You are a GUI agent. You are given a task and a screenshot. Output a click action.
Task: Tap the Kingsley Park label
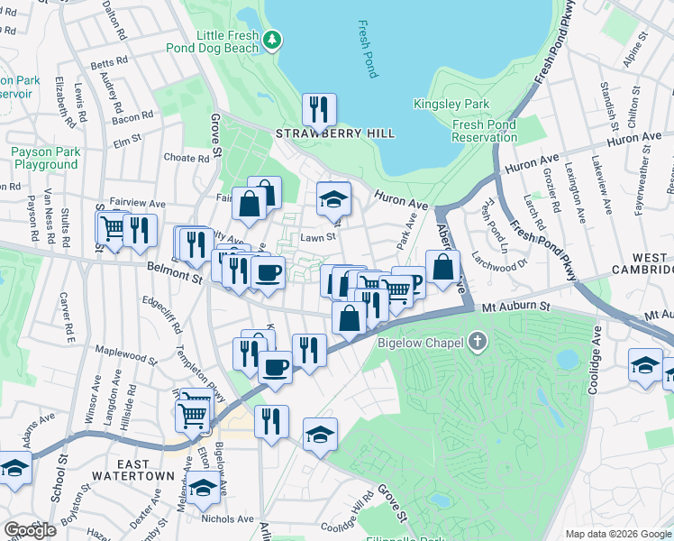pos(451,104)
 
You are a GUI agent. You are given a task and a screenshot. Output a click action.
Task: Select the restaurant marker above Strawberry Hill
pos(319,110)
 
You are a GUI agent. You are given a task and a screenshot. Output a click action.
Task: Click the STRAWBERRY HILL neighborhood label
pos(335,133)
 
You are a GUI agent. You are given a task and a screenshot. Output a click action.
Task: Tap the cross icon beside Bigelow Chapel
pos(478,342)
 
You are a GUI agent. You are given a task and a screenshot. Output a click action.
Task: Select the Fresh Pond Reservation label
pos(485,132)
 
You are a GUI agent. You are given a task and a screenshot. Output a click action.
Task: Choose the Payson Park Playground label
pos(44,159)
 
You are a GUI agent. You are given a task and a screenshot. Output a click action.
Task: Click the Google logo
pos(30,529)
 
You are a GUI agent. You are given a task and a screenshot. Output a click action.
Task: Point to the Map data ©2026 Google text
pos(616,534)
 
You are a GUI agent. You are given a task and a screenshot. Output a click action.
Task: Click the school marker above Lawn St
pos(333,198)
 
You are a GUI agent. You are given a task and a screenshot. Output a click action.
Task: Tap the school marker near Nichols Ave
pos(203,488)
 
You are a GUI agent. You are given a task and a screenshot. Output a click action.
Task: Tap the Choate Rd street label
pos(187,157)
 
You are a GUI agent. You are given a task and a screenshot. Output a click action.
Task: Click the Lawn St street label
pos(318,238)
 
